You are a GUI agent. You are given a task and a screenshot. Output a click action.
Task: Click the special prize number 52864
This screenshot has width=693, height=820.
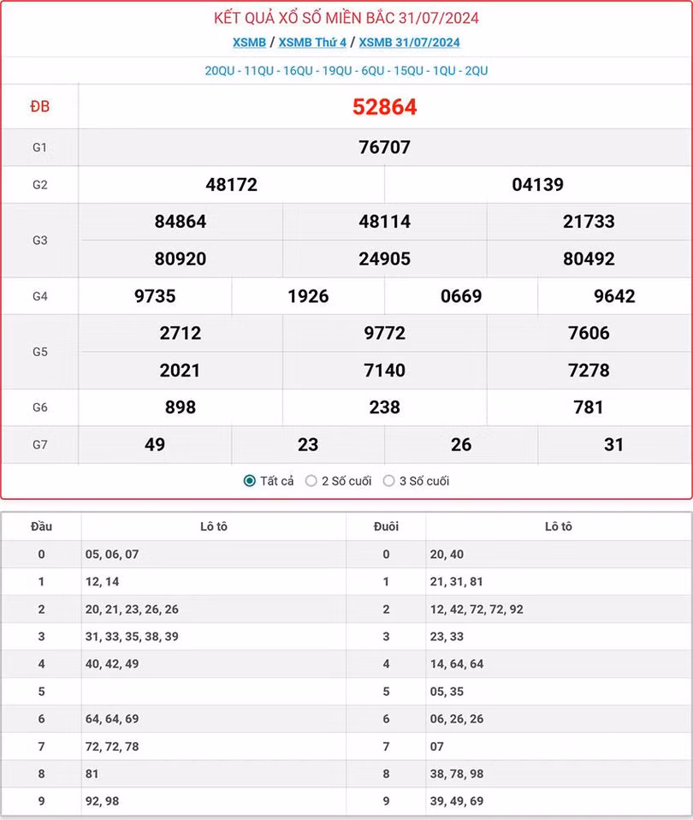[x=384, y=107]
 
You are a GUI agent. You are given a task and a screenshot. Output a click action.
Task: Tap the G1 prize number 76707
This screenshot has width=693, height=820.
[x=384, y=147]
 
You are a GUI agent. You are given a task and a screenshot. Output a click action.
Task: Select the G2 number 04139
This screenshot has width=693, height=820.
[x=537, y=184]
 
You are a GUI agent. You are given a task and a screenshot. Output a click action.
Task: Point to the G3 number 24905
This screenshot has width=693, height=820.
[x=384, y=258]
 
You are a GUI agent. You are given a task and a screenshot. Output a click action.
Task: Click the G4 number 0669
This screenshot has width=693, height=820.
[x=461, y=296]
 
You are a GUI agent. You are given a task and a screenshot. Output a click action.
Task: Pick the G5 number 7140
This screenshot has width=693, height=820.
[x=384, y=370]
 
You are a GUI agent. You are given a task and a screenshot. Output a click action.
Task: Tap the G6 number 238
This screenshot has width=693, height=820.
[x=384, y=407]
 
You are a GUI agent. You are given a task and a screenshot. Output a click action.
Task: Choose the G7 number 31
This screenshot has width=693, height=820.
[x=613, y=444]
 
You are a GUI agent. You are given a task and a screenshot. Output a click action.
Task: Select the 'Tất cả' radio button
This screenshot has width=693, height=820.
[x=250, y=481]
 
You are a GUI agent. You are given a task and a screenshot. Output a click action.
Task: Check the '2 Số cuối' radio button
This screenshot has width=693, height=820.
[x=311, y=481]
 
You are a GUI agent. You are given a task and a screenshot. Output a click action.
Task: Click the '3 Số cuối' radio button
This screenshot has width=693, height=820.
[x=389, y=481]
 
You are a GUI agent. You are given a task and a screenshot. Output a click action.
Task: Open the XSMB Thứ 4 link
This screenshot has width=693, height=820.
[x=312, y=42]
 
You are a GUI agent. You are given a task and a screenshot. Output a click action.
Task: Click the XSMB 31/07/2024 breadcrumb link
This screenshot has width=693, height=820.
[x=409, y=42]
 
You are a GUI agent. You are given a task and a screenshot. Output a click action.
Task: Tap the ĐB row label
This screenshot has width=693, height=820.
[x=40, y=107]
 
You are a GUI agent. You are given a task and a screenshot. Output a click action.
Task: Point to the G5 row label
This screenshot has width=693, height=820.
[x=40, y=352]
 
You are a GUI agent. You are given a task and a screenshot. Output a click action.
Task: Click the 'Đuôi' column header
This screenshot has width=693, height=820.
[x=386, y=526]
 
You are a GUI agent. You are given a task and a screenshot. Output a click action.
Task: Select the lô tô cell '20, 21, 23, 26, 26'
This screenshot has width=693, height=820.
[x=132, y=609]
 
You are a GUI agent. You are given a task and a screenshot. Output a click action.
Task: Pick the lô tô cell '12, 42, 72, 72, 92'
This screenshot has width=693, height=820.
[x=477, y=609]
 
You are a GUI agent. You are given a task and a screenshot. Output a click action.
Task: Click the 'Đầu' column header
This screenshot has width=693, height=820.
[x=41, y=526]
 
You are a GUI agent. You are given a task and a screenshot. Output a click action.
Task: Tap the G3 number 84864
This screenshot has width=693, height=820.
[x=181, y=222]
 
